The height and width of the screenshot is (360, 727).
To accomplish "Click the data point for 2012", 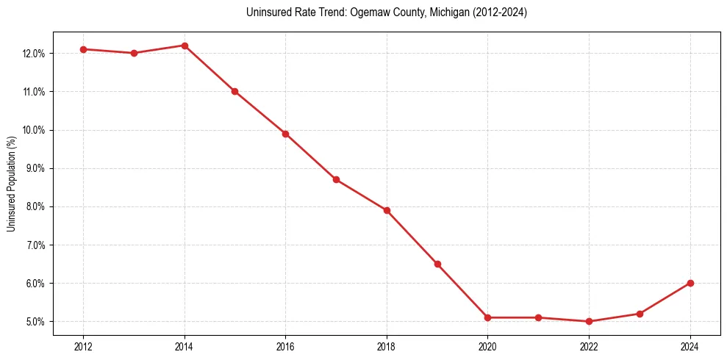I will [83, 49].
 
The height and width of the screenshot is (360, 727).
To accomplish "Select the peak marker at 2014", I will [185, 46].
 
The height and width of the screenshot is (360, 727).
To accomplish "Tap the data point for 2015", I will [235, 91].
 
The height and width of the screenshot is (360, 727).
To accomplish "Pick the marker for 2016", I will [285, 134].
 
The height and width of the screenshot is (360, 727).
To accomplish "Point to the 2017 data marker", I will [336, 179].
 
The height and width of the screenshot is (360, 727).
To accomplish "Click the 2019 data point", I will [437, 264].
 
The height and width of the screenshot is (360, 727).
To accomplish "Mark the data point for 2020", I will [488, 317].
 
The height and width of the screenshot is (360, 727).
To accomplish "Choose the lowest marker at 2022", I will [589, 321].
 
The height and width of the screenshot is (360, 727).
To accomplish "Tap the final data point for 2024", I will [690, 283].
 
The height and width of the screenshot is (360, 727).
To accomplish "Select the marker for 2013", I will [134, 53].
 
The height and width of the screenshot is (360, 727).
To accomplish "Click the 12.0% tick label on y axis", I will [35, 54].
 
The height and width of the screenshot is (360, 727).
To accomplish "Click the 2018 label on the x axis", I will [387, 347].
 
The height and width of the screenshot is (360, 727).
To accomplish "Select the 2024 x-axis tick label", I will [690, 347].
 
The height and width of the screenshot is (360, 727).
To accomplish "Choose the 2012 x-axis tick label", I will [83, 347].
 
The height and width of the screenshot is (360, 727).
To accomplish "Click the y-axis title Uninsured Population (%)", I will [12, 184].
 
